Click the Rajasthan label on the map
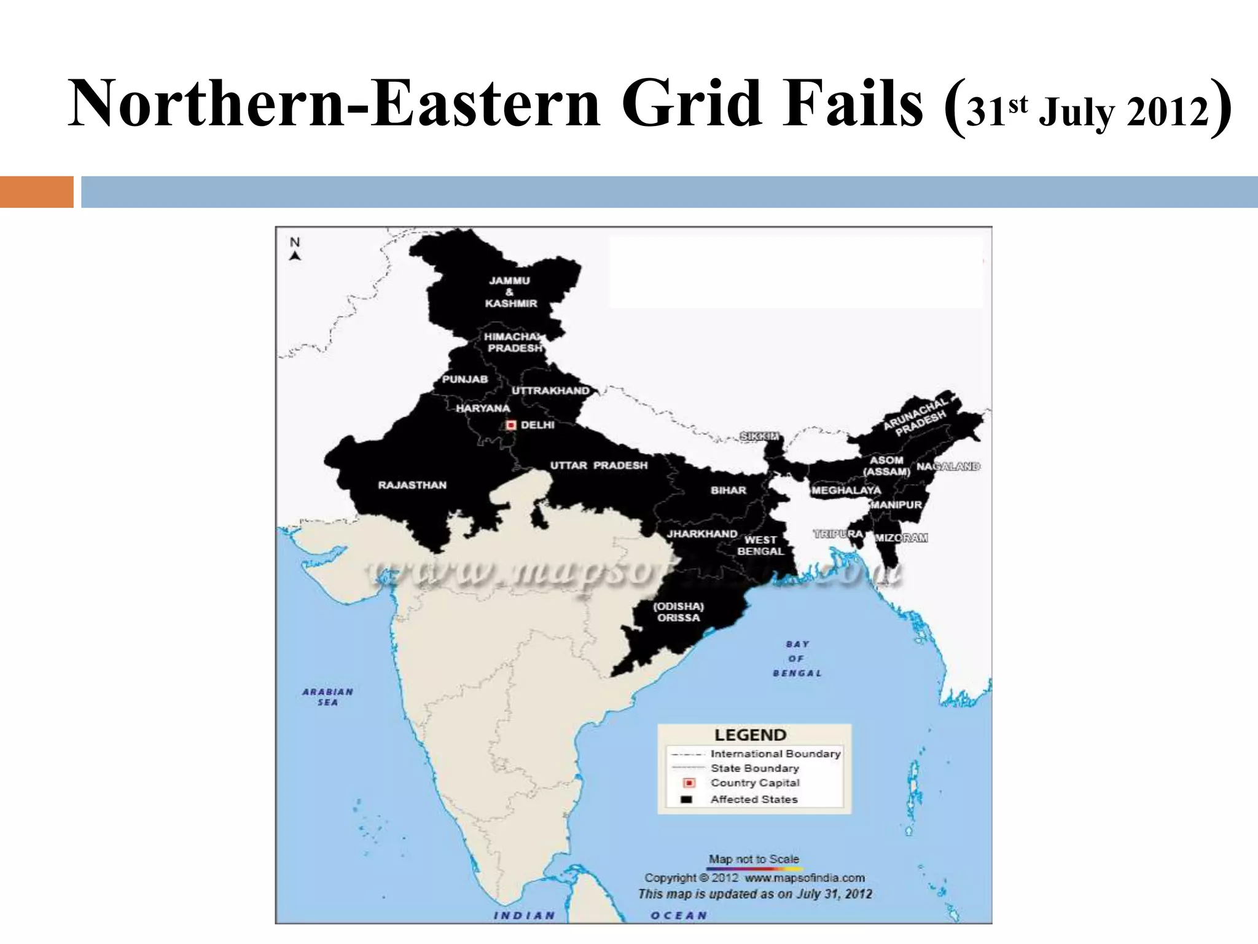tap(412, 485)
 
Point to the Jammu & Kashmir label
tap(510, 292)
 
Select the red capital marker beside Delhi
tap(511, 425)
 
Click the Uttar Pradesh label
tap(598, 465)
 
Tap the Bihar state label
tap(728, 490)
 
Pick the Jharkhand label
tap(701, 533)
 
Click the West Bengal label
tap(760, 545)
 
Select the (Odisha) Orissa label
tap(678, 612)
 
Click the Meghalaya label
tap(846, 490)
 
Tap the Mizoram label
tap(901, 538)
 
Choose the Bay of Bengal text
tap(797, 658)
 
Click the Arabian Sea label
tap(327, 696)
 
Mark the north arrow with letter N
tap(295, 249)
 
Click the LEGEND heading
tap(750, 735)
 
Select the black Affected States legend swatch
tap(687, 800)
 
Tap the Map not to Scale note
tap(754, 859)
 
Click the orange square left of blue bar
tap(36, 192)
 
